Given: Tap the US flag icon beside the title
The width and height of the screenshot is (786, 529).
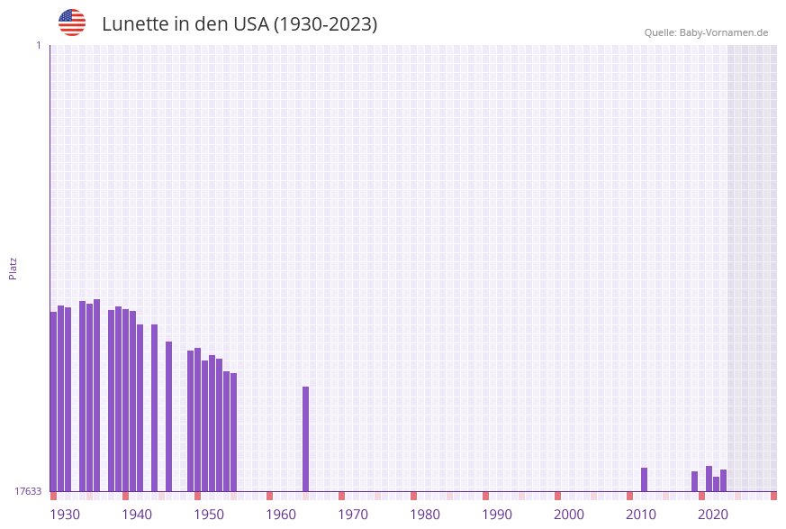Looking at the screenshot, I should [72, 23].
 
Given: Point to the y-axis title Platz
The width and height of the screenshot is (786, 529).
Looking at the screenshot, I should [14, 268].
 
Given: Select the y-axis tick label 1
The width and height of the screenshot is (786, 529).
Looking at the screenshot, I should [38, 45].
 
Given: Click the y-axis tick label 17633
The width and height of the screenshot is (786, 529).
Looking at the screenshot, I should [28, 491].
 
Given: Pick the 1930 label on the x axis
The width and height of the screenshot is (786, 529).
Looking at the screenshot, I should [65, 515].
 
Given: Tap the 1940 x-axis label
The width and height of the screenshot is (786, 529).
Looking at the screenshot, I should [137, 515].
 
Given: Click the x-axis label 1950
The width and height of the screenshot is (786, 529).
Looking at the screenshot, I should [209, 515].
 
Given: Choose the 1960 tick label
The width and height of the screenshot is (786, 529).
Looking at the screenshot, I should [281, 515].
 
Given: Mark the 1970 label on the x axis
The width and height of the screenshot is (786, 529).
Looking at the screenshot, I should [353, 515].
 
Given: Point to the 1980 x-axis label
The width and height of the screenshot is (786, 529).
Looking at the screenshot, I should [425, 515].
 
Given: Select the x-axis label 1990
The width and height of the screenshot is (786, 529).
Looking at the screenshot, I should [497, 515].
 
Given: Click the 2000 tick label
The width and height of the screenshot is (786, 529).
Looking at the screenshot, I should [569, 515].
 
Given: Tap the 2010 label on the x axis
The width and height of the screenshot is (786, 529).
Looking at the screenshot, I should [641, 515].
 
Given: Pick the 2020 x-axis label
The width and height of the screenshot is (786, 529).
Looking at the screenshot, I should [713, 515].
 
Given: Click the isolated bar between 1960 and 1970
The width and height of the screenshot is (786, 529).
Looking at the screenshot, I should [305, 439].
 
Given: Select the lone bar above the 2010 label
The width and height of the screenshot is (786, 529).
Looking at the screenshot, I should [644, 479].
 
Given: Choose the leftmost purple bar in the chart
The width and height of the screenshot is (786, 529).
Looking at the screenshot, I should [53, 401].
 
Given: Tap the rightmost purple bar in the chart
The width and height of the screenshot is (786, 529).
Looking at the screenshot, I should [723, 480].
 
